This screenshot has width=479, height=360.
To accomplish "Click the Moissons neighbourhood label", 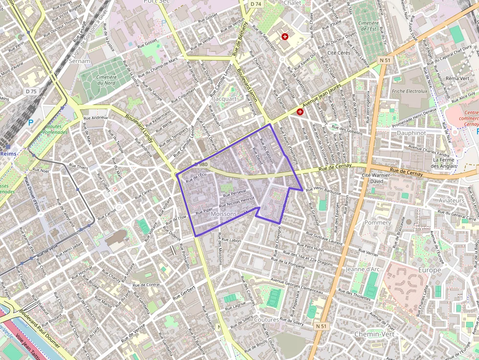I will tap(223, 214).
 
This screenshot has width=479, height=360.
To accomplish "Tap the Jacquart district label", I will tap(225, 99).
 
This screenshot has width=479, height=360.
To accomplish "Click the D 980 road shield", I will tap(200, 165).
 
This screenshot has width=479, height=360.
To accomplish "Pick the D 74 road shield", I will tap(256, 4).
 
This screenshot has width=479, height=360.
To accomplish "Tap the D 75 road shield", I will tap(31, 91).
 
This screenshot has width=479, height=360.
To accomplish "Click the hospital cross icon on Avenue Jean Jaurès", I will tap(300, 112).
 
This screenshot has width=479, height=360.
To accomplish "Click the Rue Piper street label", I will tap(204, 212).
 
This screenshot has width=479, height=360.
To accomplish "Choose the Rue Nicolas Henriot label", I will tap(237, 202).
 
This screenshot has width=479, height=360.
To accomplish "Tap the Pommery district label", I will tap(378, 222).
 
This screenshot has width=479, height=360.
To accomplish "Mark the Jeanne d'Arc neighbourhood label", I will tap(362, 269).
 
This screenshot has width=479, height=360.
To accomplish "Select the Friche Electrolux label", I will tap(410, 91).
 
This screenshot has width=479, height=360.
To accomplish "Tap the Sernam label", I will tap(80, 61).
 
